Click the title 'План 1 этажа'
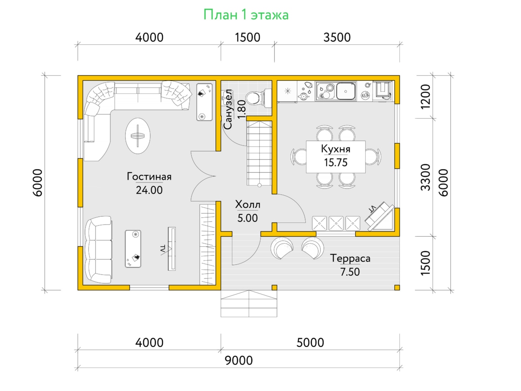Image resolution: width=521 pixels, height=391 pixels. [246, 15]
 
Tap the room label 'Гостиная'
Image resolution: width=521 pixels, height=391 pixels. [149, 177]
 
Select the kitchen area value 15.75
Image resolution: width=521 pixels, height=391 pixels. [336, 162]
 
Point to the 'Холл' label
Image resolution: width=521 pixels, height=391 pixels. [247, 204]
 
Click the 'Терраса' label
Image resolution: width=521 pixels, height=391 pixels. [350, 258]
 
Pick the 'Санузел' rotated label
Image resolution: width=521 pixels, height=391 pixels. [228, 109]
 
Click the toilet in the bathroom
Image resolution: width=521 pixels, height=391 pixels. [258, 98]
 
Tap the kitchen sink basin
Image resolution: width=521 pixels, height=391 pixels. [346, 91]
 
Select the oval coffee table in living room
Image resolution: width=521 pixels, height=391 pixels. [138, 136]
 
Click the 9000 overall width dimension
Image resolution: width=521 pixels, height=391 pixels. [238, 361]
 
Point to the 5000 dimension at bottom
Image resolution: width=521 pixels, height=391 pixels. [310, 343]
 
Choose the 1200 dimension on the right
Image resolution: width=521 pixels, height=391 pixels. [425, 96]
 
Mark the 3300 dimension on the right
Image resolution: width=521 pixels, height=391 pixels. [425, 177]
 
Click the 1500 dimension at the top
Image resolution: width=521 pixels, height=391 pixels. [247, 37]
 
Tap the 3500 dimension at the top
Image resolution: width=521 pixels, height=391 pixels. [337, 37]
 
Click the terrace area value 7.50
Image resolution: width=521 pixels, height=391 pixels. [350, 272]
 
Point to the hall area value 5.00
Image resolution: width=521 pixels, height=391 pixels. [247, 218]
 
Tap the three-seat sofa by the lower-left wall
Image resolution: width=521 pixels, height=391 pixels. [99, 250]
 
